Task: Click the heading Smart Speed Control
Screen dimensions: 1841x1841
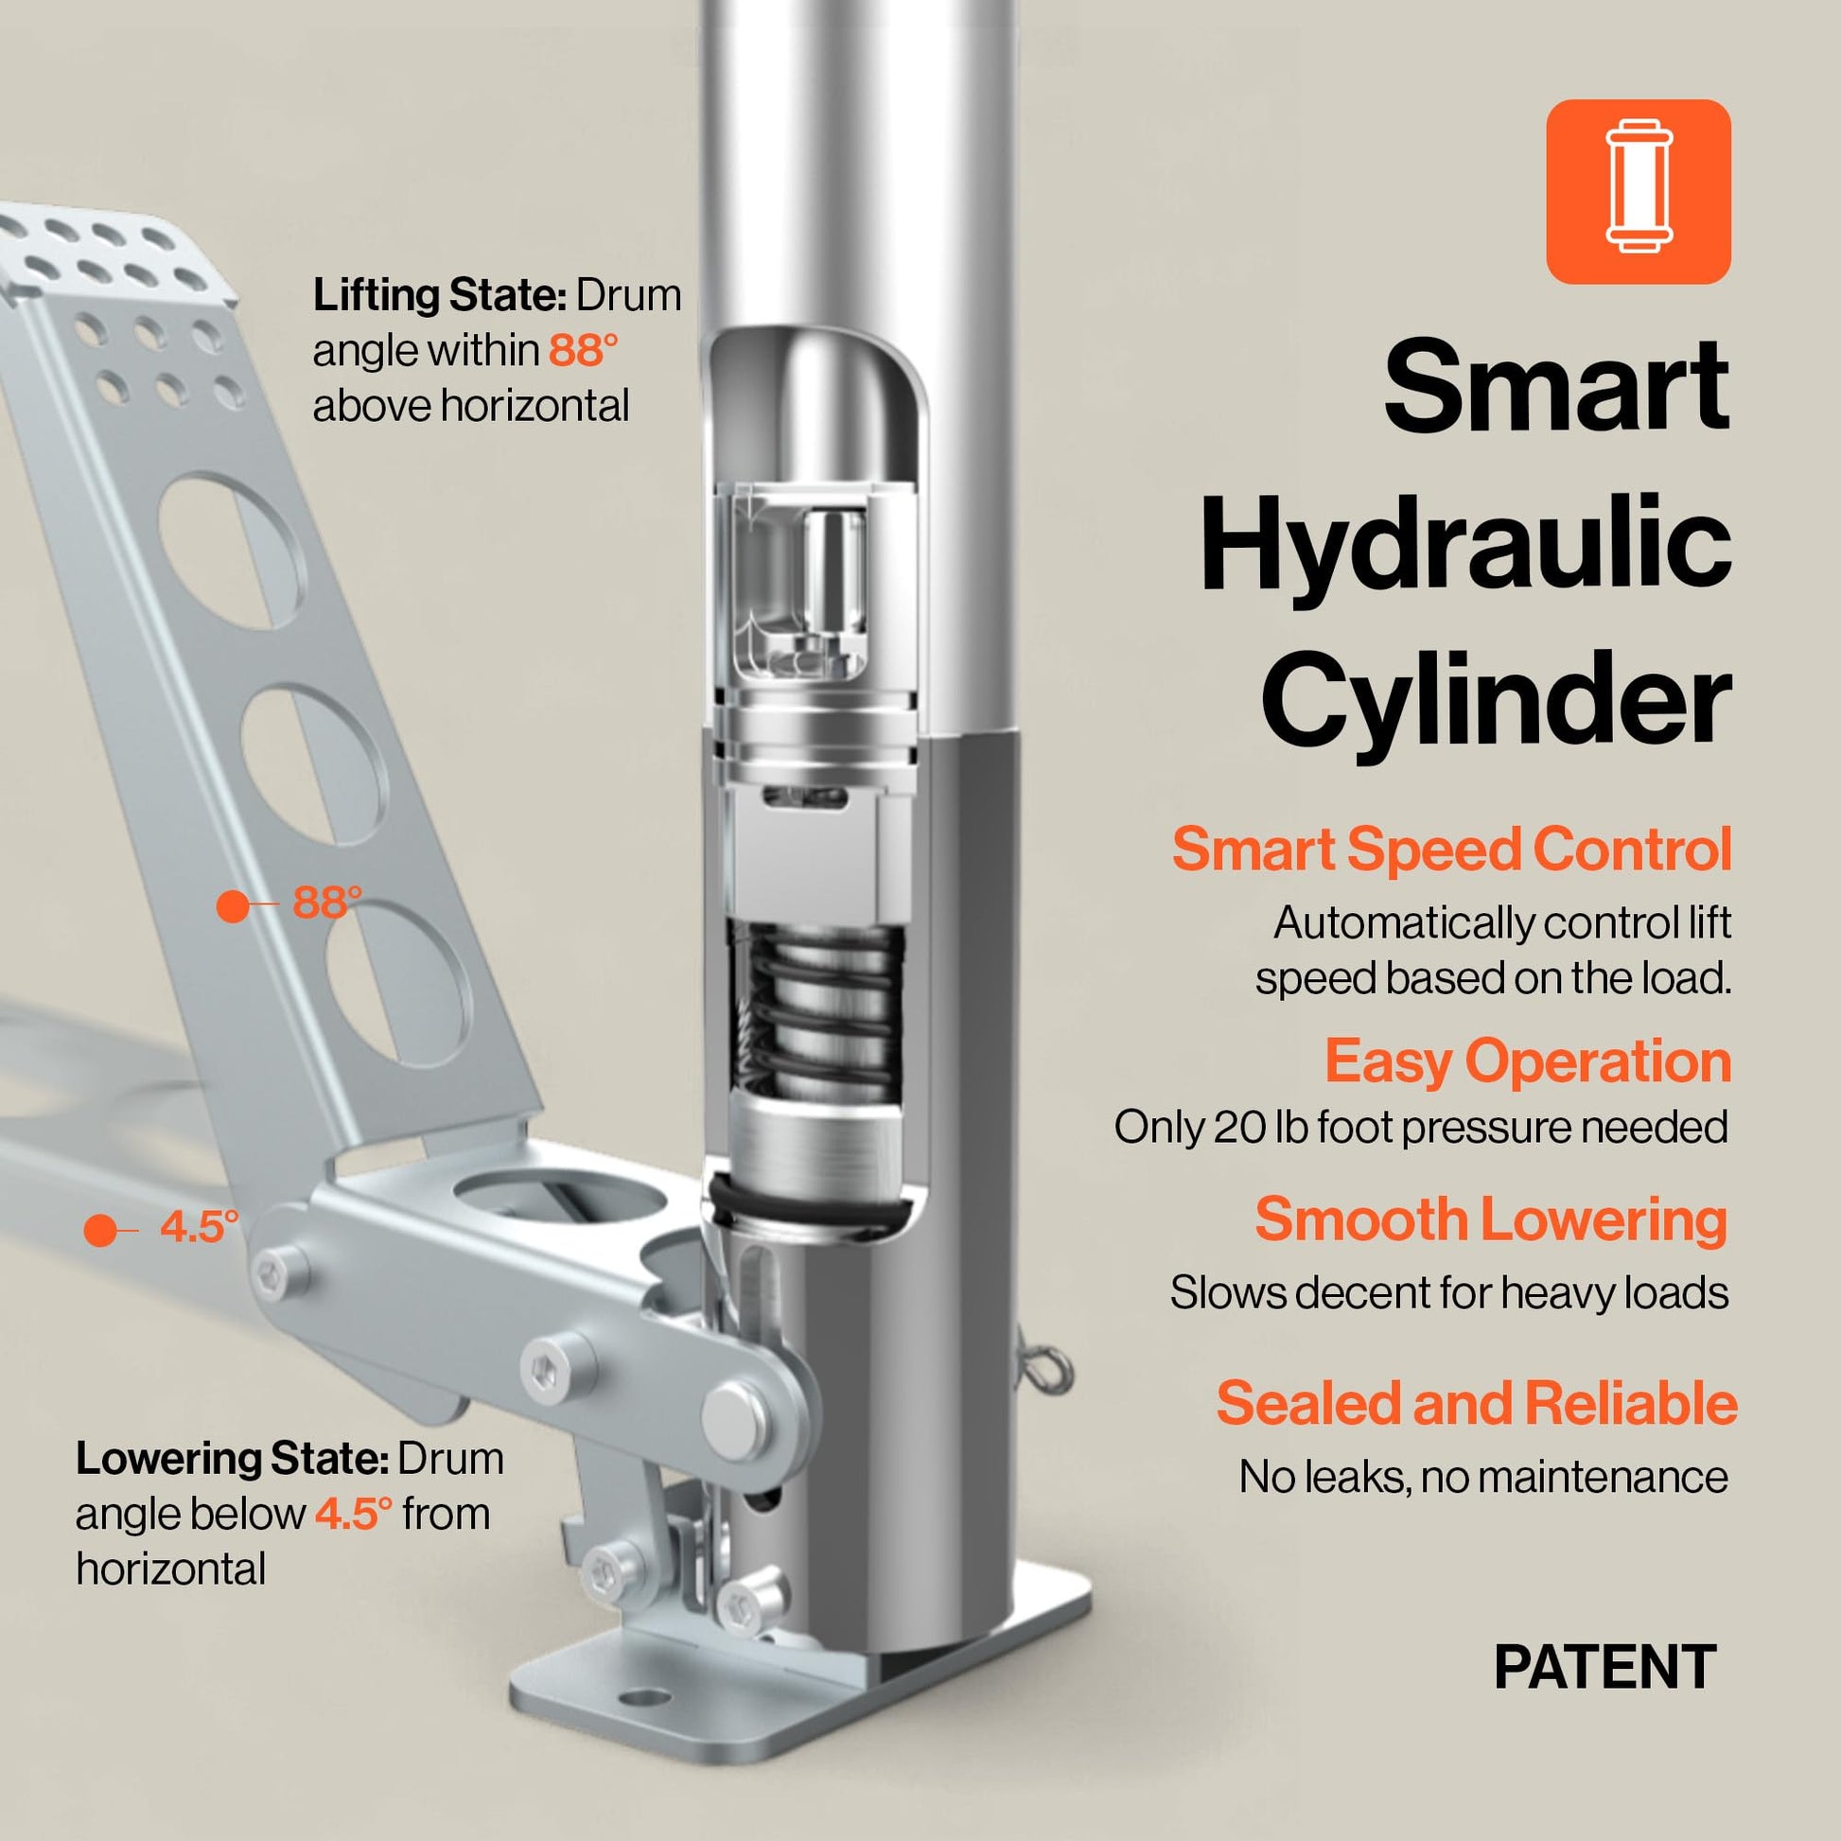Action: pyautogui.click(x=1451, y=848)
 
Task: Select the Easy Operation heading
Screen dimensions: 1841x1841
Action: pyautogui.click(x=1528, y=1061)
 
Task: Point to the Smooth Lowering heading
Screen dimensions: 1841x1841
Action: pyautogui.click(x=1491, y=1219)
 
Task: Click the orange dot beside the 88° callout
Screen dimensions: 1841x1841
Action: pyautogui.click(x=233, y=905)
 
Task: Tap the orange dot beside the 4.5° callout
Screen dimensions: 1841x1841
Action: pyautogui.click(x=99, y=1230)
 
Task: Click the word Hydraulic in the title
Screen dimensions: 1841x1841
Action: pyautogui.click(x=1464, y=545)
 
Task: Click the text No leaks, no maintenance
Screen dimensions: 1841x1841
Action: pyautogui.click(x=1482, y=1477)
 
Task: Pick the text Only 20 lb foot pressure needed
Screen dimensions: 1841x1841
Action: pyautogui.click(x=1421, y=1128)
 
